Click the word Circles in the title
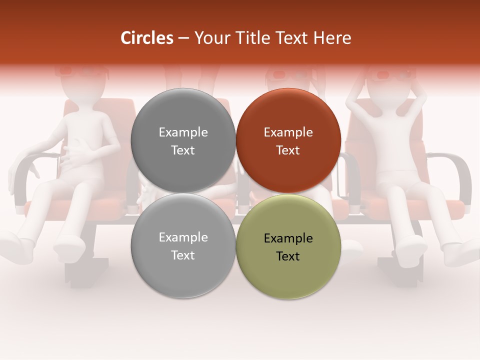146,38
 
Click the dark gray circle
183,140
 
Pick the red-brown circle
288,140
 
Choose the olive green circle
288,246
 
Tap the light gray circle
183,246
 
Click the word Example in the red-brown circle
288,132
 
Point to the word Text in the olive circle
288,256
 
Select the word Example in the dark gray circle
183,132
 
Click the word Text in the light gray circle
183,255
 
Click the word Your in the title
209,38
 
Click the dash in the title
183,38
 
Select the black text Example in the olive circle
288,238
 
